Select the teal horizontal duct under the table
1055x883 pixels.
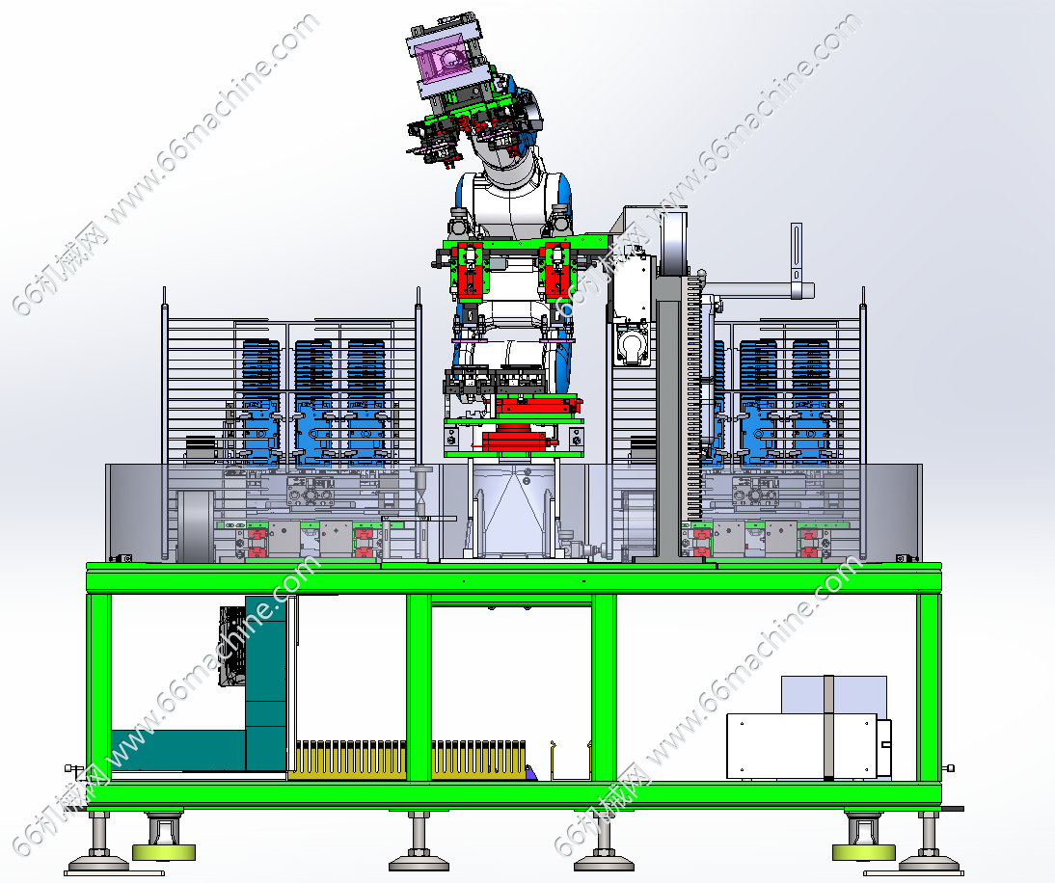point(177,749)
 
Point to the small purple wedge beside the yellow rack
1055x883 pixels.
point(530,773)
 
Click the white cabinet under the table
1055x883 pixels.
point(802,745)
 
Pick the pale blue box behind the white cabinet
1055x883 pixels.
point(833,695)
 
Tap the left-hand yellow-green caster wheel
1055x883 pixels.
point(164,853)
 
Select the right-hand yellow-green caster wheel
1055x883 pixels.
point(864,853)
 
